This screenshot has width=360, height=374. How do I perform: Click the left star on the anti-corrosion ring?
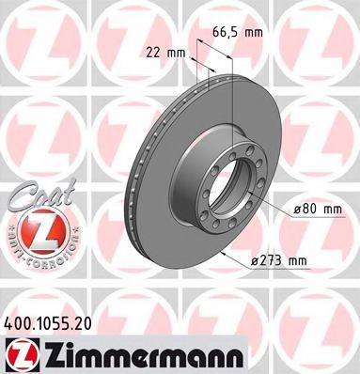8,231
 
